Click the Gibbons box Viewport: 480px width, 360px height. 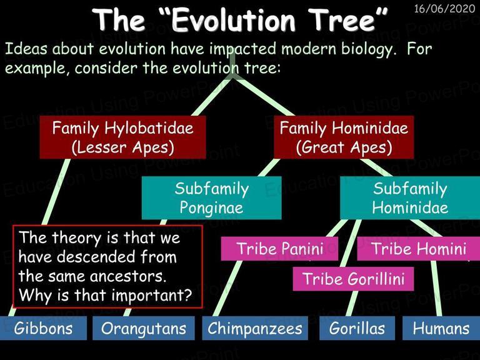tap(43, 328)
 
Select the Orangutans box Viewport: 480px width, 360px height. tap(144, 328)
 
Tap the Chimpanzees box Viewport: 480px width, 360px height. tap(255, 328)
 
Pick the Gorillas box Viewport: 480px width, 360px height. tap(357, 328)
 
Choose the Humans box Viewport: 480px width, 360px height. tap(441, 328)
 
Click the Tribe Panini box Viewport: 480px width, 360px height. tap(279, 249)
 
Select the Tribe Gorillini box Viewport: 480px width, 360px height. tap(353, 279)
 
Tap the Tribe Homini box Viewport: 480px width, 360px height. tap(419, 249)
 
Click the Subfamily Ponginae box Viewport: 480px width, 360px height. tap(211, 197)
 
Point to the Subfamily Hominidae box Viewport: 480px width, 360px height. tap(410, 197)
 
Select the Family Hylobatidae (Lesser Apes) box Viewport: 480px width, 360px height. tap(122, 137)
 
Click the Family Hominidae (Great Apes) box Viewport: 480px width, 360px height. tap(344, 137)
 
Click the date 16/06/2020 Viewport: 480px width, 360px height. tap(444, 9)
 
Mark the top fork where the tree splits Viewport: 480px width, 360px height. tap(233, 78)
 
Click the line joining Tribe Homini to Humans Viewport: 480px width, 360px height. tap(436, 288)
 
